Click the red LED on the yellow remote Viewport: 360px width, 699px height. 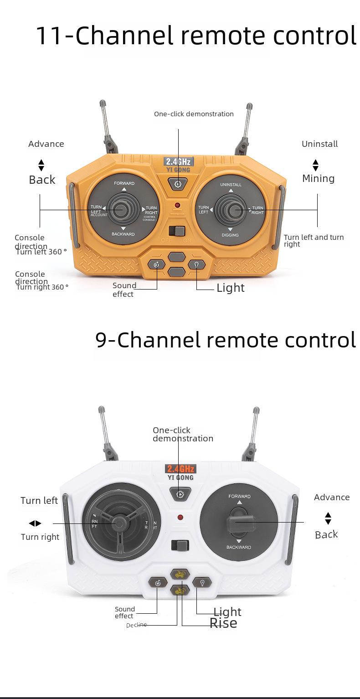[177, 206]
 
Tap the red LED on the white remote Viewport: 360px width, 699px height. [180, 518]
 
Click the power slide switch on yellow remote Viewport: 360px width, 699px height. [176, 231]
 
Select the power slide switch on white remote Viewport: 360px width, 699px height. [180, 545]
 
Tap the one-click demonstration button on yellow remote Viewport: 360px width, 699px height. [178, 184]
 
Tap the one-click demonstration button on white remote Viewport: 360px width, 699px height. [180, 493]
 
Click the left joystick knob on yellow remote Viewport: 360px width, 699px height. [121, 210]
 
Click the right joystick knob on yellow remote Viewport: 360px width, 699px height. [234, 211]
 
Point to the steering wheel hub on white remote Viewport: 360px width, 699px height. [119, 523]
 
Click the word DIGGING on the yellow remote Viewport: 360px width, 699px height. [230, 235]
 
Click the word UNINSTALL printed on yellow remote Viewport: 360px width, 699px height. [231, 185]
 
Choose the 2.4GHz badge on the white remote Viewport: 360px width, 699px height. [180, 468]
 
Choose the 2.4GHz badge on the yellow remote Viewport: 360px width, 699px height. [179, 161]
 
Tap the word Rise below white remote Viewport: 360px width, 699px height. [223, 623]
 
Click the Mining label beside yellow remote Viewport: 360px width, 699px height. [318, 178]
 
